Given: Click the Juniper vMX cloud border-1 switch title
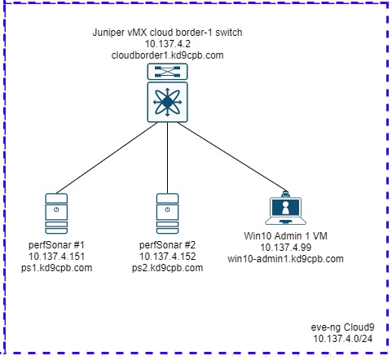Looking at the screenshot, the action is tap(167, 33).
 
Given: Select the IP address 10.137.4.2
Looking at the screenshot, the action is tap(167, 44).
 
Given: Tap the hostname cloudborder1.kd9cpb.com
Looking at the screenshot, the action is tap(167, 55).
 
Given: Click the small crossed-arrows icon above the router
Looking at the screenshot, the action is tap(167, 72).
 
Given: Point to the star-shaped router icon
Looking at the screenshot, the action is tap(167, 102).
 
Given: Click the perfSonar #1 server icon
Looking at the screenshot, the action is tap(56, 213).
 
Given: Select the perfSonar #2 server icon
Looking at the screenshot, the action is tap(167, 213).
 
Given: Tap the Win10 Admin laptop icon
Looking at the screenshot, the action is tap(285, 208).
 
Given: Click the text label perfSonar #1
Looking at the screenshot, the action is tap(56, 245).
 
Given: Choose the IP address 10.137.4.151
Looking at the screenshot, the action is tap(56, 257).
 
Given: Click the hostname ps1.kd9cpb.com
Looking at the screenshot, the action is tap(56, 268).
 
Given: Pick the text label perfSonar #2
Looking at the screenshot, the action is tap(167, 245).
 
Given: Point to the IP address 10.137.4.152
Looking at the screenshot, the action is tap(167, 257).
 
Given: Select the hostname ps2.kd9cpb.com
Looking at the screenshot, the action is tap(167, 268).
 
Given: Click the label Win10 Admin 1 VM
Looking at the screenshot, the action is tap(285, 235).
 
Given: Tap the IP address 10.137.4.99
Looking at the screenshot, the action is tap(285, 248).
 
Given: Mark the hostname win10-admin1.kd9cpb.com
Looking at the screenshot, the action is tap(285, 259).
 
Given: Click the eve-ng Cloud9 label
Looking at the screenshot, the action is tap(342, 327).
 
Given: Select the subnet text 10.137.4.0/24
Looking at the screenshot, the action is tap(342, 339).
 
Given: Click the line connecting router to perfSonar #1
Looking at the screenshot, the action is tap(107, 158).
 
